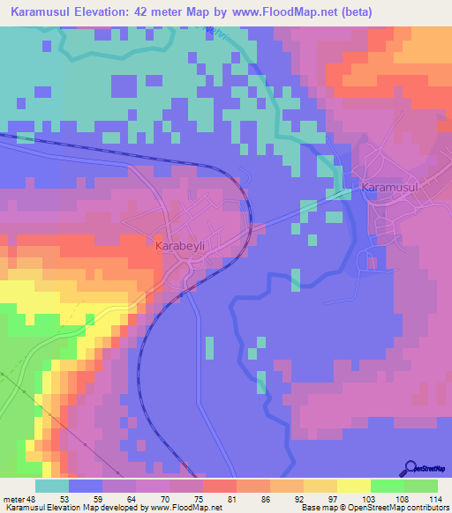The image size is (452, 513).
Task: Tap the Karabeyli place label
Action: point(182,248)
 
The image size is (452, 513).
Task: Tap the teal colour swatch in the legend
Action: point(52,486)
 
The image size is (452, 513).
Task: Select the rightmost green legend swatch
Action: point(421,486)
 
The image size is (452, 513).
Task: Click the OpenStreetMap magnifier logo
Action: point(411,468)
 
